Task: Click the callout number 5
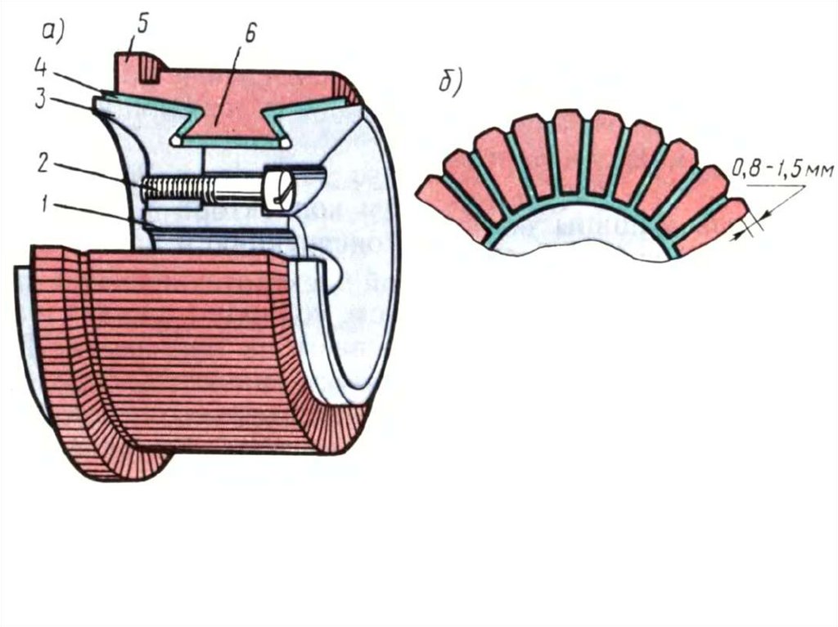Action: pos(142,24)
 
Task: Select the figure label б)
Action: pos(451,82)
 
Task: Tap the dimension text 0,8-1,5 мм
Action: pos(782,171)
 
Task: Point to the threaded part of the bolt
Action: pos(176,189)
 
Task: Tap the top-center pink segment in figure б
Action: pos(568,151)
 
